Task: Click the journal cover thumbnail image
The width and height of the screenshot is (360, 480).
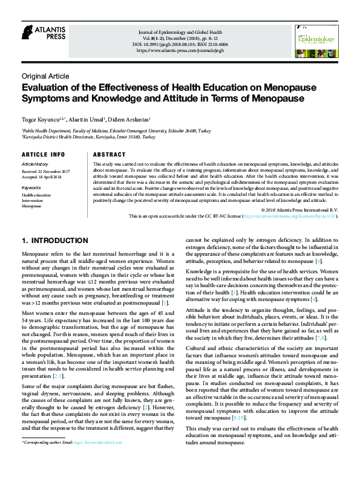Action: click(x=315, y=41)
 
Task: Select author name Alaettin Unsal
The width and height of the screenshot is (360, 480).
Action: click(x=89, y=120)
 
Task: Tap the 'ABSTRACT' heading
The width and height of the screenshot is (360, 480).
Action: click(x=110, y=155)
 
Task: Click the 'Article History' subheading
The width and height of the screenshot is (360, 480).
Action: click(x=34, y=164)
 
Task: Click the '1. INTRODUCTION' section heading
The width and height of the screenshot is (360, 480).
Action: click(x=55, y=241)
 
